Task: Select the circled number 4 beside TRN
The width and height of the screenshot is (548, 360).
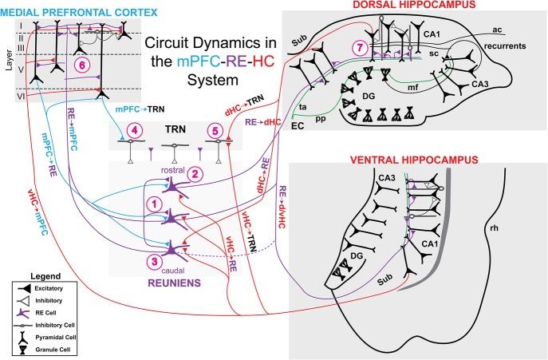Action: [136, 129]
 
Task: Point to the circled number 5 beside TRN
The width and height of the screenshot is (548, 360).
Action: [213, 129]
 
